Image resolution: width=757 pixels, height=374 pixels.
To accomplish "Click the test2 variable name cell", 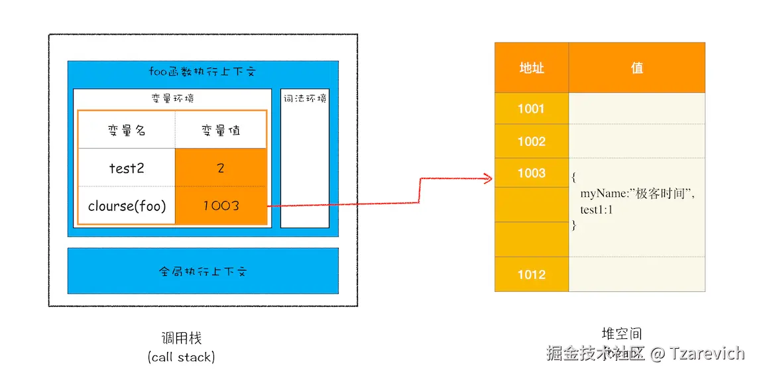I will click(x=127, y=168).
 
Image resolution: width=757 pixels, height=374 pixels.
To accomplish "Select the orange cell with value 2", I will click(x=221, y=168).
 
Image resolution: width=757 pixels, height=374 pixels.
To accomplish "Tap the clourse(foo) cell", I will click(x=127, y=206).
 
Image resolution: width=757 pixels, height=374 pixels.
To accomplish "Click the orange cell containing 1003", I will click(x=221, y=206).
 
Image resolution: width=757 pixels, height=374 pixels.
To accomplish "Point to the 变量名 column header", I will click(x=127, y=130).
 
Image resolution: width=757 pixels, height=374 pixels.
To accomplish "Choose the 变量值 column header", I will click(x=221, y=130).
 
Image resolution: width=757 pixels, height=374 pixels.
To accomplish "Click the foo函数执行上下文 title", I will click(x=202, y=72).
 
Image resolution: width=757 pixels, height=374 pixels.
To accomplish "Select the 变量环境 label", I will click(x=172, y=99).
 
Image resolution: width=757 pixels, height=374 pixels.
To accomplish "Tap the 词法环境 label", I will click(x=305, y=99).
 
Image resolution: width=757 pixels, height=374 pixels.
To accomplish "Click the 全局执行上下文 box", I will click(x=203, y=271).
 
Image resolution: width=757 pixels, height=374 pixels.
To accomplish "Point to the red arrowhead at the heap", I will click(x=488, y=177).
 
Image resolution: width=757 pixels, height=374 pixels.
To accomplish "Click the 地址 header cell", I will click(x=532, y=68).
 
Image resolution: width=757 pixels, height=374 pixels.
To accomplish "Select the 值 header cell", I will click(x=637, y=68).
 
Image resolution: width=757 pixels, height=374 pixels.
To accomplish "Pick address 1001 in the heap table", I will click(x=531, y=109).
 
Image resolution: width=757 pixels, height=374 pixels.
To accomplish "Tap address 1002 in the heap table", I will click(x=531, y=141).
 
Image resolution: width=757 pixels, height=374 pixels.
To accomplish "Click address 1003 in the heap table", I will click(x=531, y=173).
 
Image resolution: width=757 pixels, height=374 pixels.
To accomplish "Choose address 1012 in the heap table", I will click(x=531, y=275).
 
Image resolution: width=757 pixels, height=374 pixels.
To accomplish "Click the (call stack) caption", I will click(x=181, y=357).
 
